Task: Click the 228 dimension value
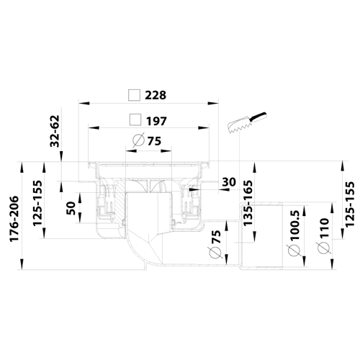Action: (x=156, y=95)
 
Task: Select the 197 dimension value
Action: (x=156, y=121)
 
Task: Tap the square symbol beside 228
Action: (x=134, y=95)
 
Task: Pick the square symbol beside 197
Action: (x=135, y=120)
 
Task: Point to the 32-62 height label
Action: (x=55, y=131)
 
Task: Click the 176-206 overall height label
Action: (x=14, y=219)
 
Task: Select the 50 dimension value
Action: (x=71, y=208)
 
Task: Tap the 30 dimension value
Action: (x=229, y=182)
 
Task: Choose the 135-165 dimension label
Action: (x=248, y=203)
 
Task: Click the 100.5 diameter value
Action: (x=293, y=225)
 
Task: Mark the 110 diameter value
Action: (x=323, y=228)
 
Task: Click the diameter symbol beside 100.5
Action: (x=294, y=251)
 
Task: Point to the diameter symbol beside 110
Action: (x=323, y=248)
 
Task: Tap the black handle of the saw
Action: (x=258, y=117)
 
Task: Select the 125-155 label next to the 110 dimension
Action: (x=350, y=204)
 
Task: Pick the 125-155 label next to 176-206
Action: (x=37, y=203)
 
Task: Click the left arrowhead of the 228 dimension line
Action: (x=84, y=104)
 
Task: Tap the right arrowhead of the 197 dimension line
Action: (x=204, y=127)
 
